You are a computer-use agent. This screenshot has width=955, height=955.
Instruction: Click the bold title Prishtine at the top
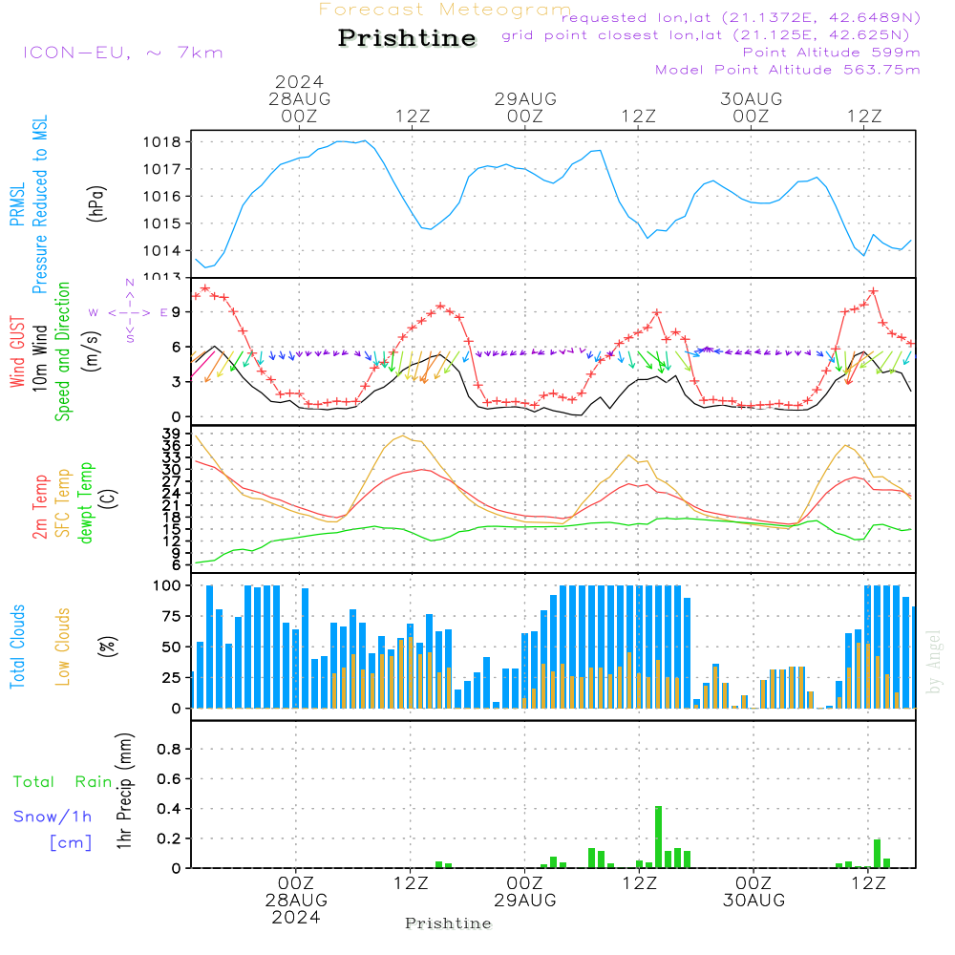(x=407, y=38)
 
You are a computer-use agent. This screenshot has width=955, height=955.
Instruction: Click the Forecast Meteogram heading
(x=445, y=10)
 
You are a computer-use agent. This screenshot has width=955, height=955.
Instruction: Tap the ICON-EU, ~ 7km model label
(x=122, y=53)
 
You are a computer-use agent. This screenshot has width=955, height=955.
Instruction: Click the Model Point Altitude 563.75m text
(x=788, y=70)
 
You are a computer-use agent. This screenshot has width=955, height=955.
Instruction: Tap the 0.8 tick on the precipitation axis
(x=169, y=750)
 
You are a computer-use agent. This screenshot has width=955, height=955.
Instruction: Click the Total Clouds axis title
(x=17, y=647)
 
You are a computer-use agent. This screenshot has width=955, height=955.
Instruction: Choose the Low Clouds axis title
(x=63, y=647)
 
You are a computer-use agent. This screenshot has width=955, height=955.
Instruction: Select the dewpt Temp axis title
(x=87, y=503)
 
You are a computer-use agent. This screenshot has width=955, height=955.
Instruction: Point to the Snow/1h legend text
(x=53, y=817)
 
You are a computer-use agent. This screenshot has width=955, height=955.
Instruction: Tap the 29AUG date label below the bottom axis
(x=525, y=901)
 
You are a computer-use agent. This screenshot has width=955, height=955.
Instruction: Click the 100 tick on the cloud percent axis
(x=167, y=585)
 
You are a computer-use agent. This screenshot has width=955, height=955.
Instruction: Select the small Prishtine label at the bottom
(x=448, y=923)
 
